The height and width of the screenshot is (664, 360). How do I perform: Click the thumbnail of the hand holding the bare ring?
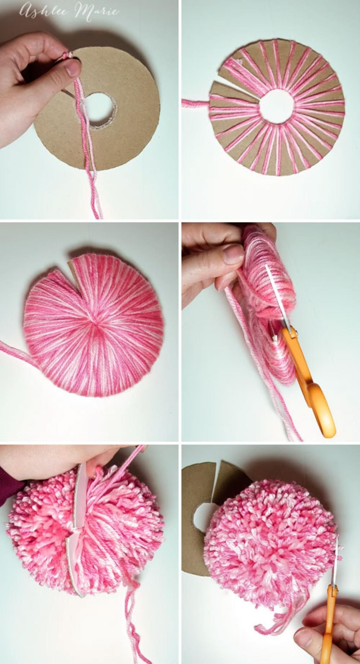click(72, 68)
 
